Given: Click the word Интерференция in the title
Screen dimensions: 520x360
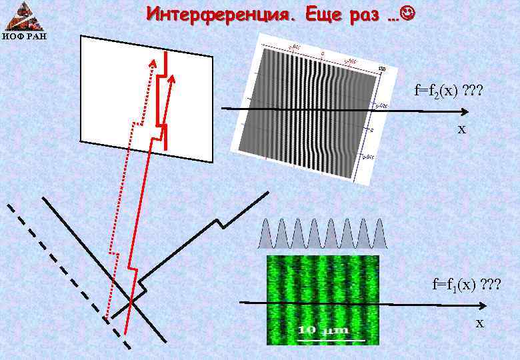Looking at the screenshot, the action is click(219, 13).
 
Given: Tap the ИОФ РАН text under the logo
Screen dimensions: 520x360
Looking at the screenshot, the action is click(24, 35).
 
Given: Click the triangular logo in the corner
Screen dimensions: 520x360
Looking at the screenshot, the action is click(24, 15).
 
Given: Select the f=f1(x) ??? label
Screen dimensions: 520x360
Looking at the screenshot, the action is click(466, 285).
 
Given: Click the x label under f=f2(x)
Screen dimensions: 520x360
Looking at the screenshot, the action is click(461, 129).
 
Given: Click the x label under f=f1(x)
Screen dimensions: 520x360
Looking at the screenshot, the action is click(479, 323).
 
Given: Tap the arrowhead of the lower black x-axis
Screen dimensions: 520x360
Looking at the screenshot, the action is click(482, 307).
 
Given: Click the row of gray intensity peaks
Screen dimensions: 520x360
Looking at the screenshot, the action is click(323, 233).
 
